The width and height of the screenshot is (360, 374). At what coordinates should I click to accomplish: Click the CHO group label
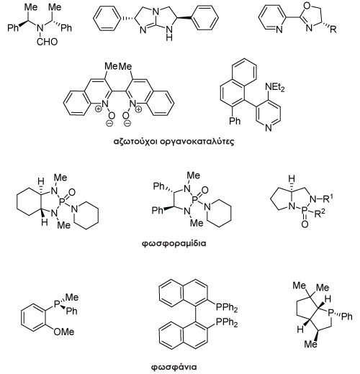[48, 42]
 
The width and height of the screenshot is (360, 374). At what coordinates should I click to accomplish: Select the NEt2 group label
[275, 87]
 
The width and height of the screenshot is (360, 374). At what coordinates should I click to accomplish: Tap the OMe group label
[64, 332]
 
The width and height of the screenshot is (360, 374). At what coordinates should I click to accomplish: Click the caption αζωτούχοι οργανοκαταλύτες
[174, 142]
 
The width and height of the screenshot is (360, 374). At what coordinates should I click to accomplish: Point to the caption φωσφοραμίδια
[174, 244]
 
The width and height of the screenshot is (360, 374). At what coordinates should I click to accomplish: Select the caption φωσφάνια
[174, 367]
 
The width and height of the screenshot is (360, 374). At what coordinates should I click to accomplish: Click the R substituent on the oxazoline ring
[333, 29]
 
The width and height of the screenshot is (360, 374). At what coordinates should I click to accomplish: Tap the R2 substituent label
[320, 213]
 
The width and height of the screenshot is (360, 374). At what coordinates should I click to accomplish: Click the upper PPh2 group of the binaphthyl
[227, 308]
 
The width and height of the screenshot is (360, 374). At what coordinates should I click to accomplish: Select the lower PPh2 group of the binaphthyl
[227, 322]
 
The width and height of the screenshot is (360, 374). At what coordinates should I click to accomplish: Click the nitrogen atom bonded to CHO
[40, 29]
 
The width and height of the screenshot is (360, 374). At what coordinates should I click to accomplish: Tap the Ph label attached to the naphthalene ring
[235, 120]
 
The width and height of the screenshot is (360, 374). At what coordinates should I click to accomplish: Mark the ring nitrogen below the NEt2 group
[269, 127]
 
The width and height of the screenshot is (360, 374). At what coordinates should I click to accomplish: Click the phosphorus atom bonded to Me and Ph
[56, 304]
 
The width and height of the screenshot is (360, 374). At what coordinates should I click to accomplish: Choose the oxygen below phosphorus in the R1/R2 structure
[305, 224]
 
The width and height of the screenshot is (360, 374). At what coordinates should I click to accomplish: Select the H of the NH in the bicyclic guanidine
[169, 37]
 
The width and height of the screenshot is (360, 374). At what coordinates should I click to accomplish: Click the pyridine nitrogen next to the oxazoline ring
[279, 29]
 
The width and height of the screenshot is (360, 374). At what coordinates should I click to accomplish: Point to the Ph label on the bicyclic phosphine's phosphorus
[347, 316]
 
